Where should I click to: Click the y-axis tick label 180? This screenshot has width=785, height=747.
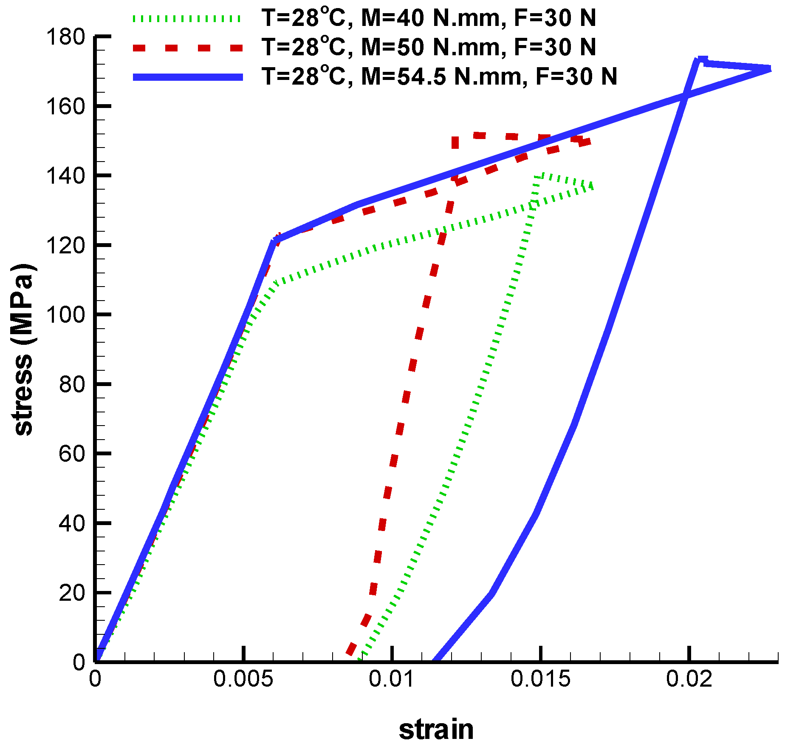pos(66,37)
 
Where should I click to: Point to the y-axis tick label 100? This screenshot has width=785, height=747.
pos(66,315)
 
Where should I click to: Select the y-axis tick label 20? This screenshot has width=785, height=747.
pos(73,593)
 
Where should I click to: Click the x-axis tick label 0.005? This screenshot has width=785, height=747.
pos(243,679)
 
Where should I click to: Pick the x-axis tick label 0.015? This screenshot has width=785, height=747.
pos(540,679)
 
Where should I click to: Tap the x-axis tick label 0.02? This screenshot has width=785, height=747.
pos(689,679)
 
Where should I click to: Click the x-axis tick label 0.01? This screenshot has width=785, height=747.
pos(392,679)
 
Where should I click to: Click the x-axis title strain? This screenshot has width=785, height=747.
pos(436,730)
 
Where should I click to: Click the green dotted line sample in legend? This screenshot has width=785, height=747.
pos(187,19)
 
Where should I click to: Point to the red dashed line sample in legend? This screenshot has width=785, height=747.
pos(187,48)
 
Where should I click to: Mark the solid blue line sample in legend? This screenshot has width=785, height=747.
pos(187,77)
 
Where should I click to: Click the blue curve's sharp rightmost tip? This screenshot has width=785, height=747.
pos(770,69)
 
